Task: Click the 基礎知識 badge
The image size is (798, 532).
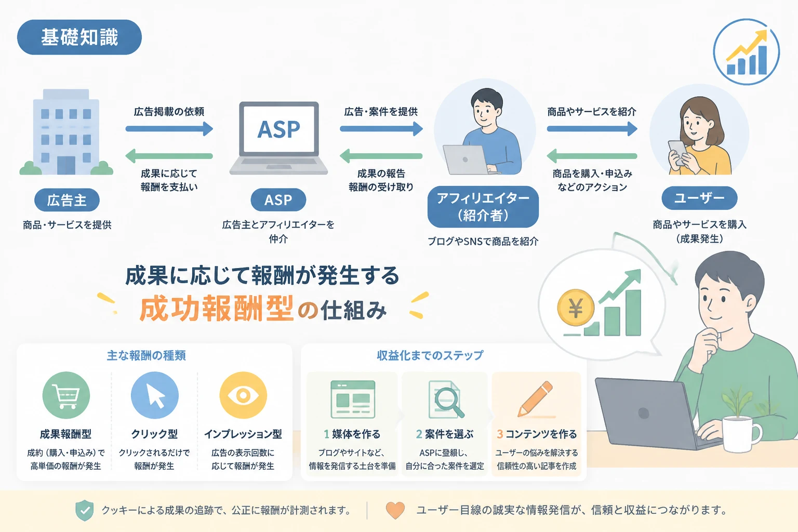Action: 79,37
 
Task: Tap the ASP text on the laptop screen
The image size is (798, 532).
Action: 278,129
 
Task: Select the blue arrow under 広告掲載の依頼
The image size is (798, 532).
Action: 169,129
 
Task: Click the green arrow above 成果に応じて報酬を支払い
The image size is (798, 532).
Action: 169,156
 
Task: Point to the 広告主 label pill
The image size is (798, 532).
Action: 67,200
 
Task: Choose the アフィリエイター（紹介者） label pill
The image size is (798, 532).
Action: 483,207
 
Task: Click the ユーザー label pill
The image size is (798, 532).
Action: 699,198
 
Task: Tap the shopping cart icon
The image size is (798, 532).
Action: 66,395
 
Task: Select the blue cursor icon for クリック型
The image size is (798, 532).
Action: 155,395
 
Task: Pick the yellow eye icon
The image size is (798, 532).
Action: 243,395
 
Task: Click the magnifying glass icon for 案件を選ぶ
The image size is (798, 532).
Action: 449,402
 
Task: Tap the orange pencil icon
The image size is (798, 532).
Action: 536,398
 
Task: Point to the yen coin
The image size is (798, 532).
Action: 576,308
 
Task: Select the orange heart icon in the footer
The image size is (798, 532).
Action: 395,510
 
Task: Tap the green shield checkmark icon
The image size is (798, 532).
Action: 85,510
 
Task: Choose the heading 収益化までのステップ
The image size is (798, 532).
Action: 430,355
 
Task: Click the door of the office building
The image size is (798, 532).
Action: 66,165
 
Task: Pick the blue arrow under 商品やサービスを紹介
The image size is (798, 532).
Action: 592,129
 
